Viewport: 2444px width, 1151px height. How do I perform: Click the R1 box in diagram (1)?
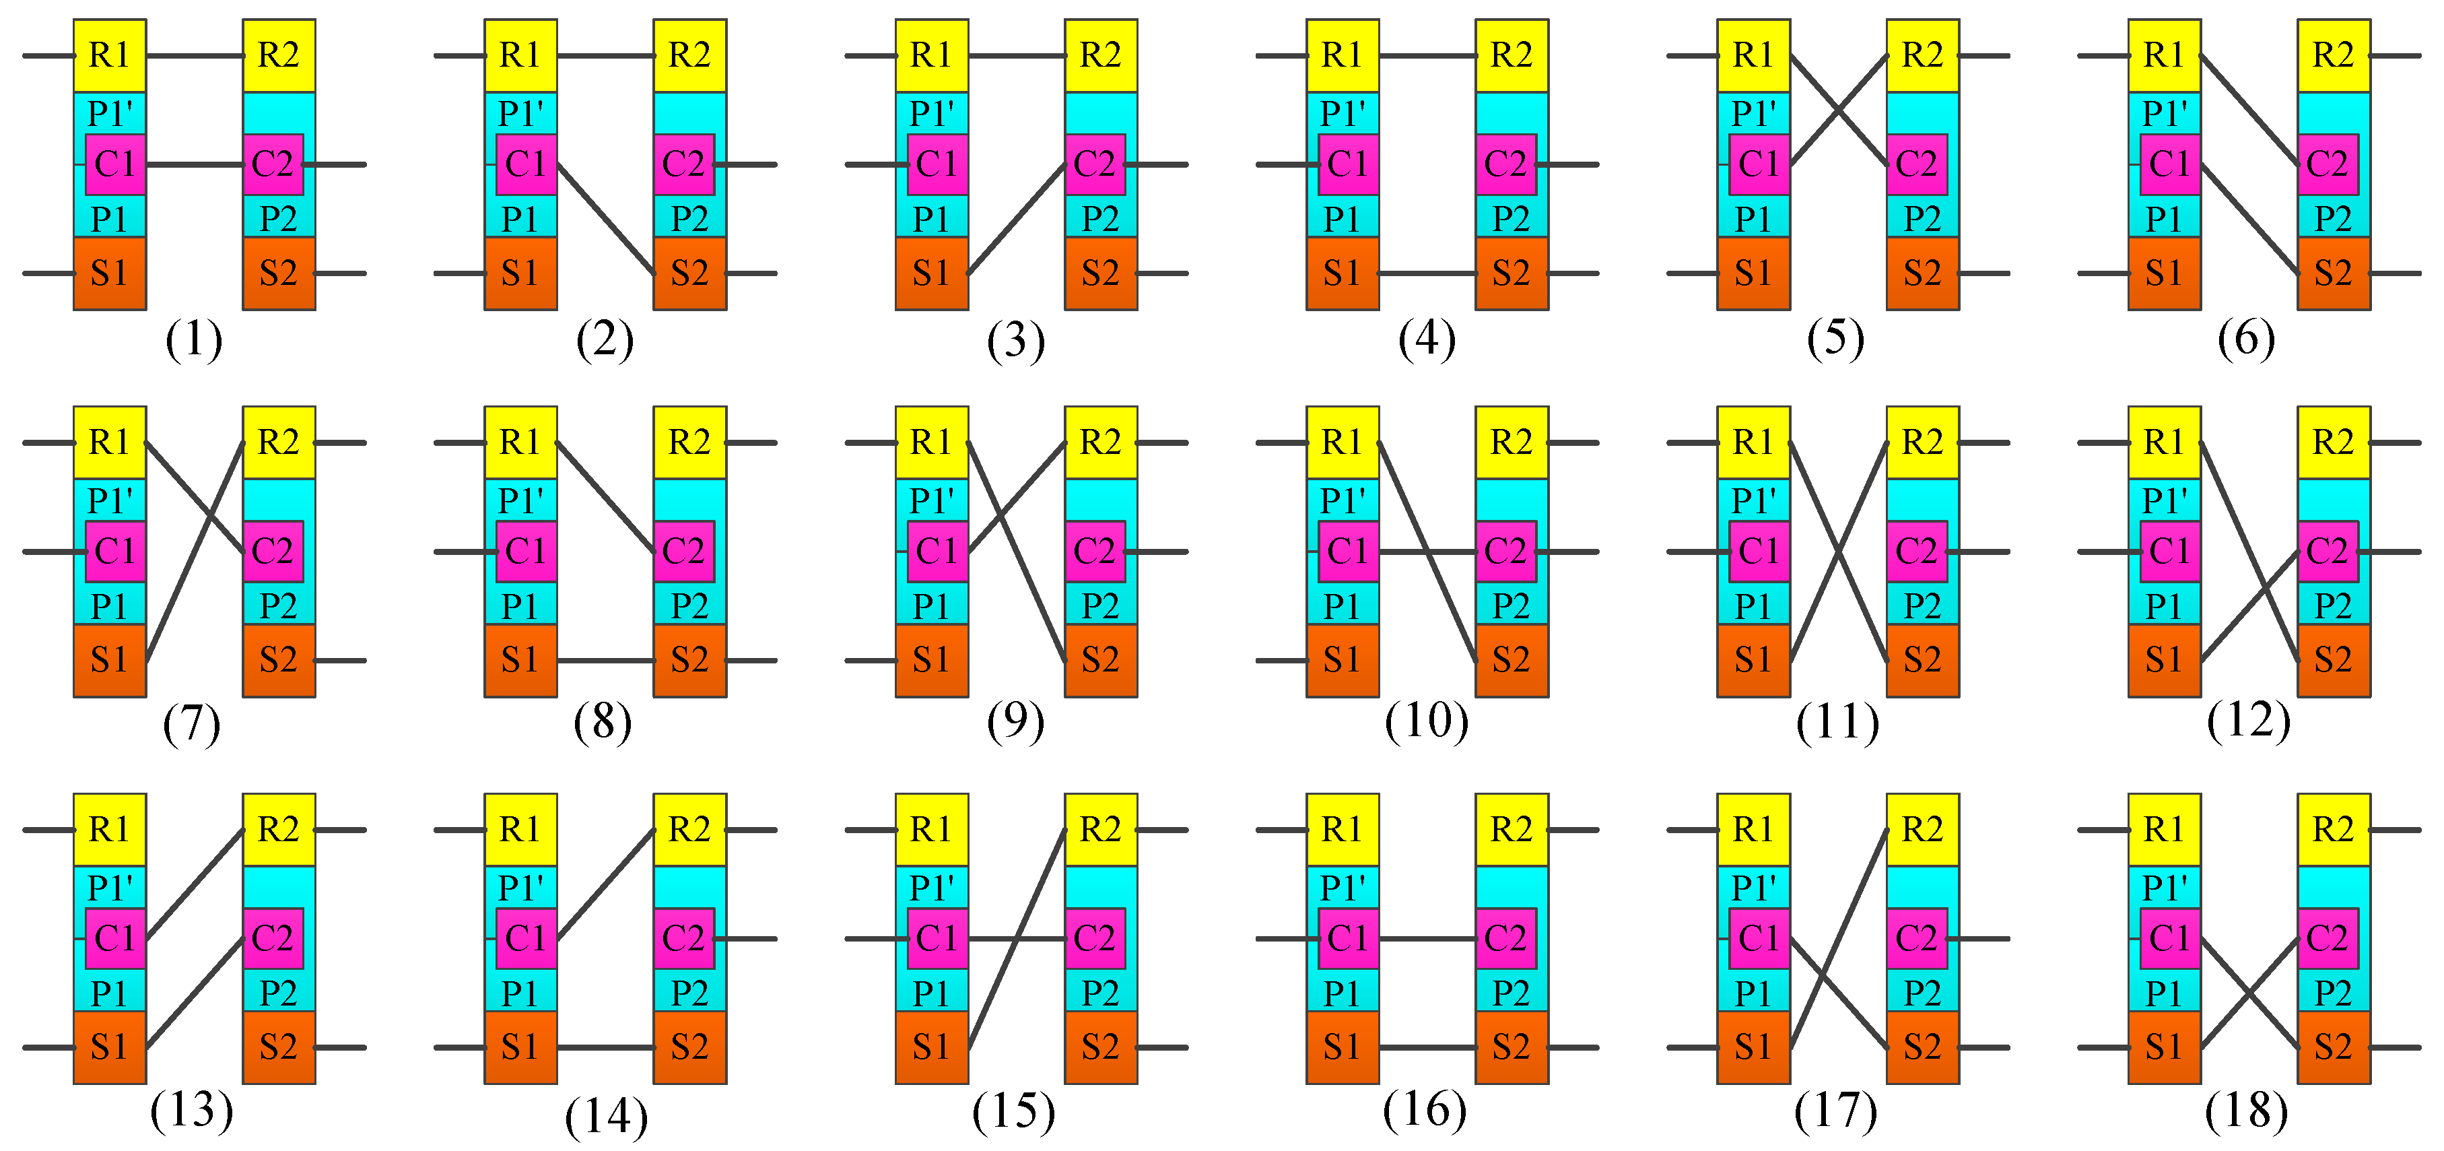pyautogui.click(x=109, y=55)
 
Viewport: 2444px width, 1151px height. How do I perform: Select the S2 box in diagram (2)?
pyautogui.click(x=689, y=273)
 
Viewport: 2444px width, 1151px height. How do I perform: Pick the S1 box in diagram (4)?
pyautogui.click(x=1342, y=273)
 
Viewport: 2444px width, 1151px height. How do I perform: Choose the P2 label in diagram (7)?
pyautogui.click(x=278, y=605)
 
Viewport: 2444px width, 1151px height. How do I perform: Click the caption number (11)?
pyautogui.click(x=1837, y=723)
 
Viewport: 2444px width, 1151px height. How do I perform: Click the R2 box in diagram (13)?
pyautogui.click(x=278, y=829)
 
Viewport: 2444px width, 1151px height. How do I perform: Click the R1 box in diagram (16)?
pyautogui.click(x=1342, y=829)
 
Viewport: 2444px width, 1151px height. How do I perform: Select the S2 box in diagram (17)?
pyautogui.click(x=1922, y=1047)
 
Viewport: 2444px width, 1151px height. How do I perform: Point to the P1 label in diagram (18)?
pyautogui.click(x=2163, y=993)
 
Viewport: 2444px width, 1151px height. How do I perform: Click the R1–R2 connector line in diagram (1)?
pyautogui.click(x=195, y=56)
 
